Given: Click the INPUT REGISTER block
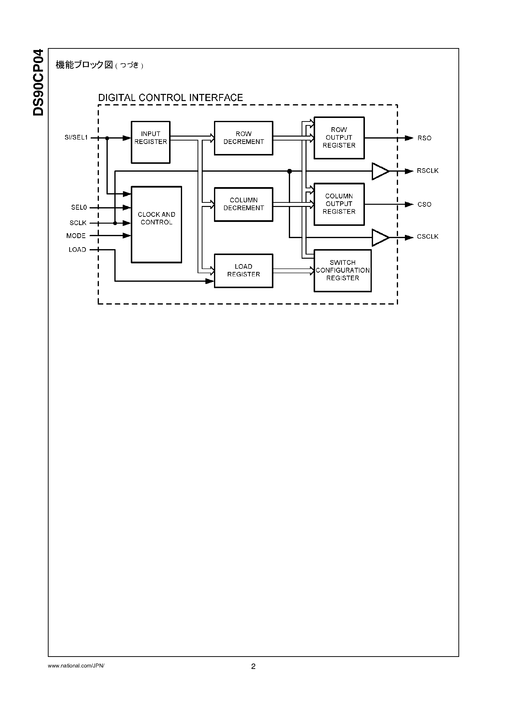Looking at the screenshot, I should [150, 142].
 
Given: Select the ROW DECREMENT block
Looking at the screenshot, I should [243, 138].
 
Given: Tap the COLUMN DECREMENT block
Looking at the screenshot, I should [243, 204].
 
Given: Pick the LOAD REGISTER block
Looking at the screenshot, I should [243, 270].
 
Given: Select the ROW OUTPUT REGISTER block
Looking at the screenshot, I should [339, 138].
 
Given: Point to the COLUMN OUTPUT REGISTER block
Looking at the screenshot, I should [339, 204].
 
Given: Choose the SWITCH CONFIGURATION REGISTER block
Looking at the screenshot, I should [343, 270].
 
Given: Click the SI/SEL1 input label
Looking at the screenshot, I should [76, 137].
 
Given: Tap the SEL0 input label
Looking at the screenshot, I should [79, 207].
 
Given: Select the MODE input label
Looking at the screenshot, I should [76, 236].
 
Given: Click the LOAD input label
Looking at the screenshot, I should [77, 250].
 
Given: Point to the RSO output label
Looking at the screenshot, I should [424, 138].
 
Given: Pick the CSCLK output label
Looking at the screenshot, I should [427, 237].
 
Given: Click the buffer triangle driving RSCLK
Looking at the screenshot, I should [379, 171].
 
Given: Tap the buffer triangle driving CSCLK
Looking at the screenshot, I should [379, 238].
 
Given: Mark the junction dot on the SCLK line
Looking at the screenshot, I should [115, 223].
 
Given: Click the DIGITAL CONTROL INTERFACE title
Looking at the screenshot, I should [170, 98].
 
